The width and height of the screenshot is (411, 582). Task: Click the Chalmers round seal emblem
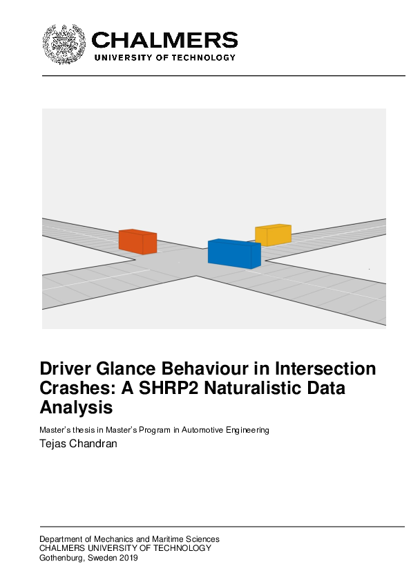coord(65,44)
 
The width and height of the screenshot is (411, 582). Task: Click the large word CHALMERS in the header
coord(164,40)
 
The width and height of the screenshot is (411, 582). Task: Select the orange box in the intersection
coord(137,241)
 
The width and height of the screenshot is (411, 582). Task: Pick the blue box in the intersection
coord(234,253)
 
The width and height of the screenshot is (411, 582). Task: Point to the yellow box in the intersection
coord(273,235)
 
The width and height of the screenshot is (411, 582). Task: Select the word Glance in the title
coord(130,368)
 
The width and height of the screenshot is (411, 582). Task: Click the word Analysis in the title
coord(76,408)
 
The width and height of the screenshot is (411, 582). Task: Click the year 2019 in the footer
coord(128,558)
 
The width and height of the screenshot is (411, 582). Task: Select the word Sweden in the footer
coord(102,558)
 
